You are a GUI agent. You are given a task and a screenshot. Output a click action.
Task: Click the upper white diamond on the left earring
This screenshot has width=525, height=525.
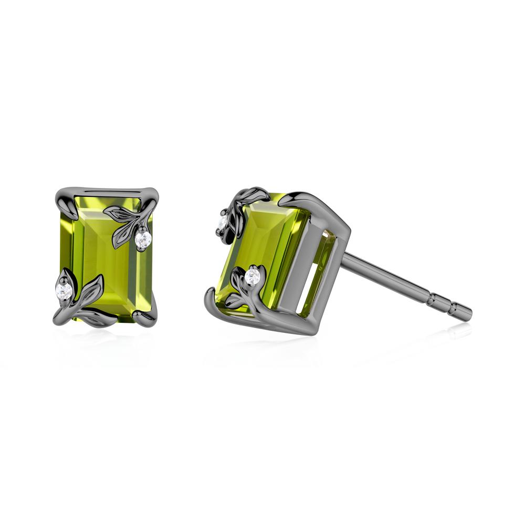point(143,239)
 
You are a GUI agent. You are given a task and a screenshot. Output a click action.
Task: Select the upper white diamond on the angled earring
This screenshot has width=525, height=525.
point(223,223)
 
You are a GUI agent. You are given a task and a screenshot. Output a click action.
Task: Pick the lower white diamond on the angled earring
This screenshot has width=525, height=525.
point(254,276)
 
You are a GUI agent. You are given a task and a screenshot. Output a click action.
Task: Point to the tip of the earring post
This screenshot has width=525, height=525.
point(469,313)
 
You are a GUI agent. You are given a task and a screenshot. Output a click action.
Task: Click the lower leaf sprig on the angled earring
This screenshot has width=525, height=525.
point(239,294)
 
